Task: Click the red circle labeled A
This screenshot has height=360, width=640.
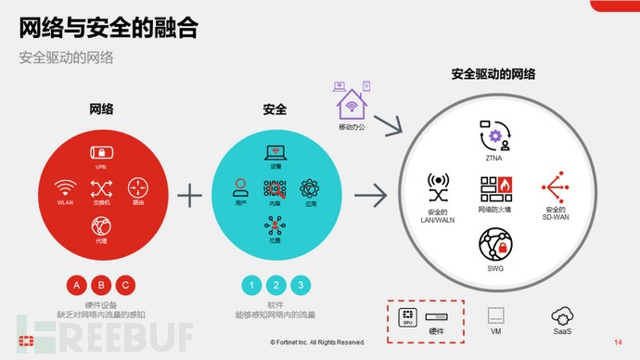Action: (x=77, y=285)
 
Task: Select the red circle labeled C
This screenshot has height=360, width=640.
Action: (x=125, y=285)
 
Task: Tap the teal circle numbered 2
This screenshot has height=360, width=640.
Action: (x=275, y=285)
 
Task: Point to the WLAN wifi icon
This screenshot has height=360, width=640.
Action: (x=64, y=186)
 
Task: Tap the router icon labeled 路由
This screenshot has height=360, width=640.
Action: (x=137, y=186)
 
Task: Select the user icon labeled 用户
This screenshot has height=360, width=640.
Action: (x=239, y=186)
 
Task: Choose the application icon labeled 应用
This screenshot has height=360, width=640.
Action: (x=310, y=186)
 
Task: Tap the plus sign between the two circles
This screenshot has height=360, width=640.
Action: (x=189, y=195)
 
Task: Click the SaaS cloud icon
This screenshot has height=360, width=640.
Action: (x=562, y=315)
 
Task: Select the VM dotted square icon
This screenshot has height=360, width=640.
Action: (x=495, y=315)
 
